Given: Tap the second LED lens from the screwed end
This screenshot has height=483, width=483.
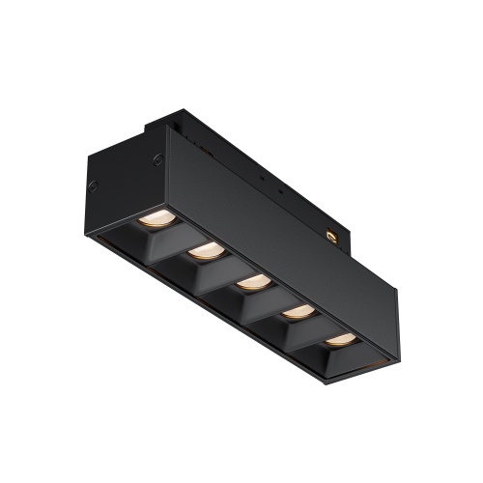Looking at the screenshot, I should click(x=205, y=251).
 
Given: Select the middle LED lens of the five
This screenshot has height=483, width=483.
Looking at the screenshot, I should click(x=253, y=282).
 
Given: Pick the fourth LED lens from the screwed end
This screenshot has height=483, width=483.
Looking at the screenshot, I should click(x=298, y=311).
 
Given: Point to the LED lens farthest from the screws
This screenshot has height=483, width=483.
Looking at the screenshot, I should click(x=339, y=339).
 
